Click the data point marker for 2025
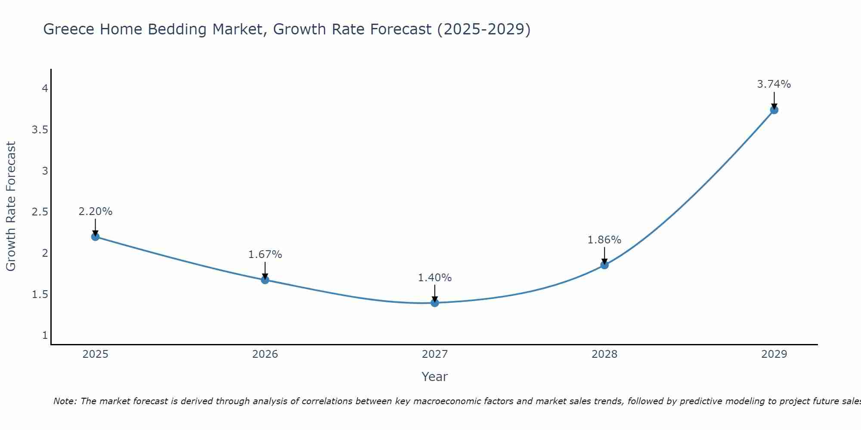pos(95,236)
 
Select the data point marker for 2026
pos(265,280)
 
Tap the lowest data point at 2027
pos(435,303)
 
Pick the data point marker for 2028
pos(604,265)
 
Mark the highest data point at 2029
pos(774,110)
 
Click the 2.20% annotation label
pos(95,212)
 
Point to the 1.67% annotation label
pos(265,255)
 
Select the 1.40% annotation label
pos(435,278)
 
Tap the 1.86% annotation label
pos(604,240)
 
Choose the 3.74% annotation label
pos(774,84)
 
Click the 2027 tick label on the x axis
pos(435,354)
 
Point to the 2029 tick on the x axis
pos(774,354)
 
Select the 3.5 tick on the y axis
pos(40,130)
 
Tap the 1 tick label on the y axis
pos(45,335)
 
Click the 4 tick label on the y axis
pos(45,89)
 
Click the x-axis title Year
pos(435,377)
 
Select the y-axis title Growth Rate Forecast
pos(11,206)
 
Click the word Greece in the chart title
pos(69,29)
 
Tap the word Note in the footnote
pos(64,401)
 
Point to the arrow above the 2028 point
pos(604,255)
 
